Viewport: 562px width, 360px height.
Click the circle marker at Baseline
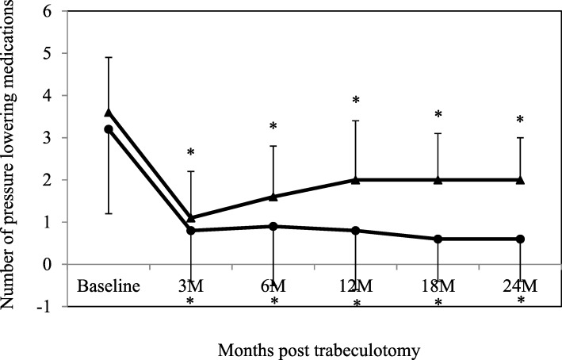pyautogui.click(x=109, y=128)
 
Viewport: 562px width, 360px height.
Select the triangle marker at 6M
pyautogui.click(x=273, y=196)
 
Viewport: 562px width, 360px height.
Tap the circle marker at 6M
pyautogui.click(x=273, y=226)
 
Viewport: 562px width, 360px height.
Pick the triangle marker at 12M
pyautogui.click(x=356, y=179)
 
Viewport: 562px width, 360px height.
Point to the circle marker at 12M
pyautogui.click(x=356, y=231)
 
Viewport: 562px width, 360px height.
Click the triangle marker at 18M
pyautogui.click(x=438, y=179)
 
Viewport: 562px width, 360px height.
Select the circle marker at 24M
pyautogui.click(x=521, y=239)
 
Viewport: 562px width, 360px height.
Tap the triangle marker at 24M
pyautogui.click(x=521, y=179)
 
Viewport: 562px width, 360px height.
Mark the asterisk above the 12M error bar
pyautogui.click(x=356, y=101)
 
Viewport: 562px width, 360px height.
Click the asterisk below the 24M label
pyautogui.click(x=521, y=302)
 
